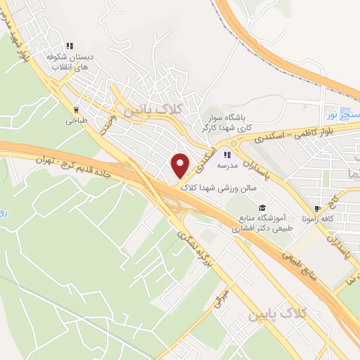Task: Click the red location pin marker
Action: [181, 165]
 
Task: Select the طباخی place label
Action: [75, 121]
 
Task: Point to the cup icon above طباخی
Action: [75, 109]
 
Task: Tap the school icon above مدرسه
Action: [227, 155]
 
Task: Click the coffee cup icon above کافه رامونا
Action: [317, 208]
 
